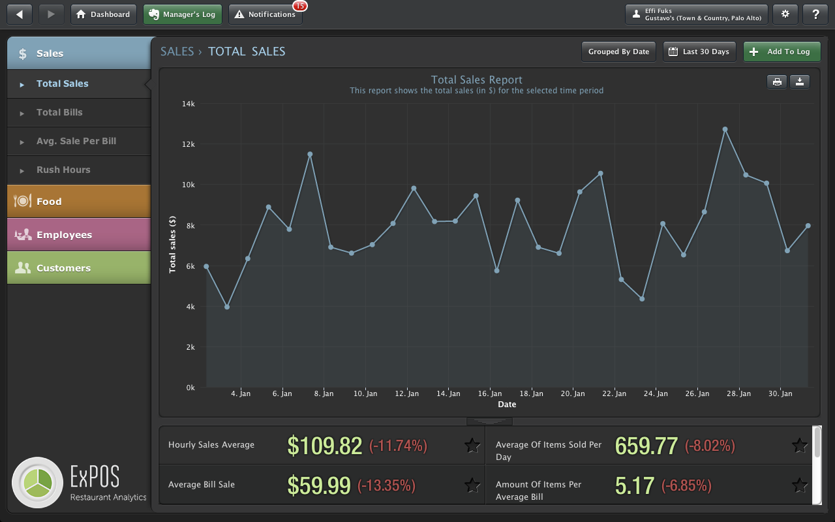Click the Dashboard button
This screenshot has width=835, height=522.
point(104,14)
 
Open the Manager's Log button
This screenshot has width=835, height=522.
point(183,14)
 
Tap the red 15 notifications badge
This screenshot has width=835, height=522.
point(300,6)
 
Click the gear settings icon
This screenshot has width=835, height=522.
point(785,14)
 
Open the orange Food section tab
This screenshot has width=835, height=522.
point(79,202)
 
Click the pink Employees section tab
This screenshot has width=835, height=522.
point(79,234)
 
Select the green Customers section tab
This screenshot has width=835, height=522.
point(79,268)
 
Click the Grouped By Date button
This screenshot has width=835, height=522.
point(618,52)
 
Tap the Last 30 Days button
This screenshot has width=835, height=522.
point(699,52)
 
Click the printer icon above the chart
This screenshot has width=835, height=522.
point(777,82)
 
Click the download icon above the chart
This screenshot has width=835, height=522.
point(800,82)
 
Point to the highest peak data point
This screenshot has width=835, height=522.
point(725,129)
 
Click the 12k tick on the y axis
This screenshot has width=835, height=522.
point(189,144)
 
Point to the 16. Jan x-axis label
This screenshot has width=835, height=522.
point(490,393)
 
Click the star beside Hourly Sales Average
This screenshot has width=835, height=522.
point(472,445)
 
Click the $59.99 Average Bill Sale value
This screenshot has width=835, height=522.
point(319,485)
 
